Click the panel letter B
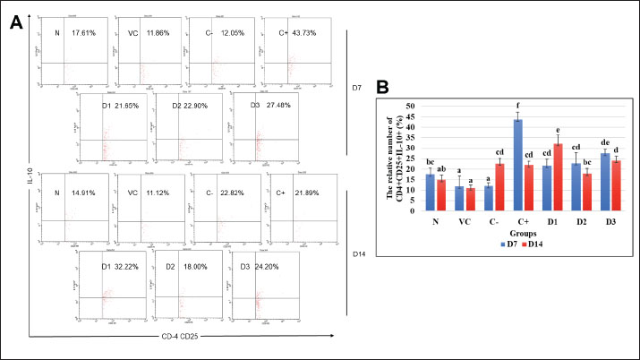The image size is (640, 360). [x=383, y=89]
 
